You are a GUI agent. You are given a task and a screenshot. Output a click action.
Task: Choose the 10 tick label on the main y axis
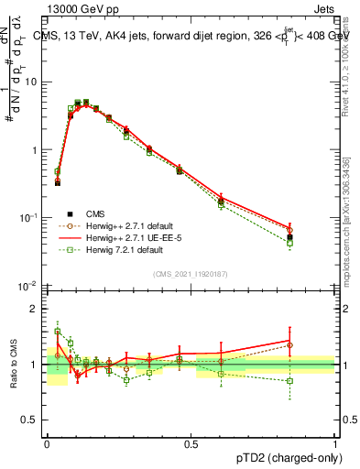(x=31, y=82)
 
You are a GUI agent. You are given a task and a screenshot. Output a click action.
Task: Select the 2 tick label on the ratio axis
(x=35, y=309)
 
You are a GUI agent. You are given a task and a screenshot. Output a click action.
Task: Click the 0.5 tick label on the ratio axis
(x=31, y=421)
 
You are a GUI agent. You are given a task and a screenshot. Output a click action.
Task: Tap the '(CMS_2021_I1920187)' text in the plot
(x=191, y=274)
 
